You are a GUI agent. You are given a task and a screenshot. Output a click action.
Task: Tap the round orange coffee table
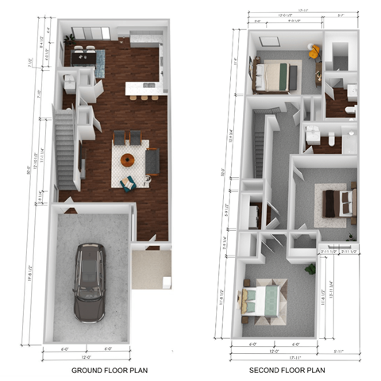pos(128,160)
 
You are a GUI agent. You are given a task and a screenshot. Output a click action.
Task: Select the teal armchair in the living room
pos(127,183)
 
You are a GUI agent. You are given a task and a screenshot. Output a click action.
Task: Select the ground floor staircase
pos(63,139)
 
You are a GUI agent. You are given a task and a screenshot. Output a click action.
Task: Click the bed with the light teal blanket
pos(261,302)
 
